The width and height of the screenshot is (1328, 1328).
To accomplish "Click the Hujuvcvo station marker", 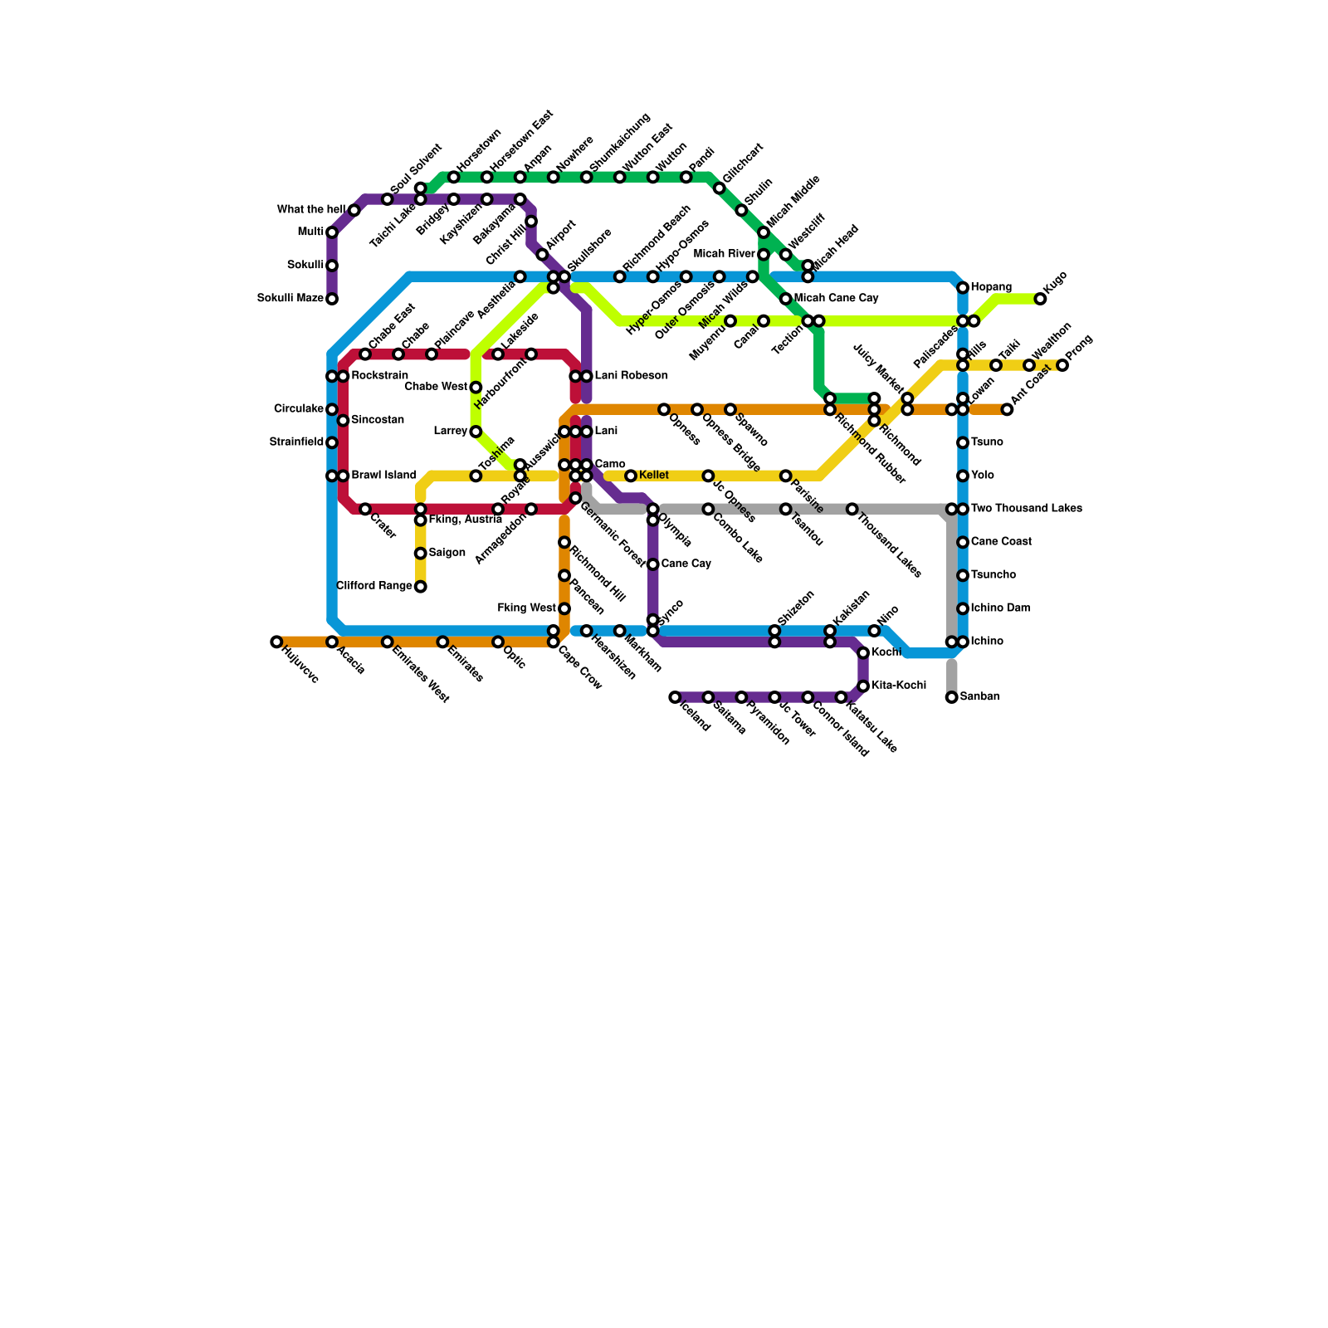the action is (276, 642).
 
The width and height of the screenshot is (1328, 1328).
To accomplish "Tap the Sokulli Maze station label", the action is (290, 299).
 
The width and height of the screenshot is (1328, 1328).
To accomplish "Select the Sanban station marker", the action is (952, 697).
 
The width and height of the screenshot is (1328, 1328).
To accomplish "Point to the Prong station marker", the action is (1062, 365).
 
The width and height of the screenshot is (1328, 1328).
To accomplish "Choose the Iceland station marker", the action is (675, 697).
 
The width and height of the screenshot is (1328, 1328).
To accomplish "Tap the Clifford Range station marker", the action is (421, 587).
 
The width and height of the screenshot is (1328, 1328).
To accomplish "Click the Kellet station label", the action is (654, 476).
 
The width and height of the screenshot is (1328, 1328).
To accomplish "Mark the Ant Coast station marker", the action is (1007, 409).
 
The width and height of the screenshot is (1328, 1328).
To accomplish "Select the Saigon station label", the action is (447, 553).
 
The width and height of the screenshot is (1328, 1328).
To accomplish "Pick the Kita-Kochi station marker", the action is (863, 686).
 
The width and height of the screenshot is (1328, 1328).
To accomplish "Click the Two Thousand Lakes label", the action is (1026, 509).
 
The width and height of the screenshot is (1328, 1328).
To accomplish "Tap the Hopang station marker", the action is (963, 288).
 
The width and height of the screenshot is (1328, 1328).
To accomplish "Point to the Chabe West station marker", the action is (476, 388).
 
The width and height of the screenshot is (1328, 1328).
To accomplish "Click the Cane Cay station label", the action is (686, 564).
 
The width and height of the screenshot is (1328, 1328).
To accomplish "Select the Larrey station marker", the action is (476, 432).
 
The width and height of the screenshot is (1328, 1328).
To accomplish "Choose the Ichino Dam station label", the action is (1000, 608).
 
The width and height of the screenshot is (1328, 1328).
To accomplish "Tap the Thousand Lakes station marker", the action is (852, 509).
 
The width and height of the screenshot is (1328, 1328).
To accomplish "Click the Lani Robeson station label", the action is (631, 376).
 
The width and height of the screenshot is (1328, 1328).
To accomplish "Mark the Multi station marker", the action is (332, 232).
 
